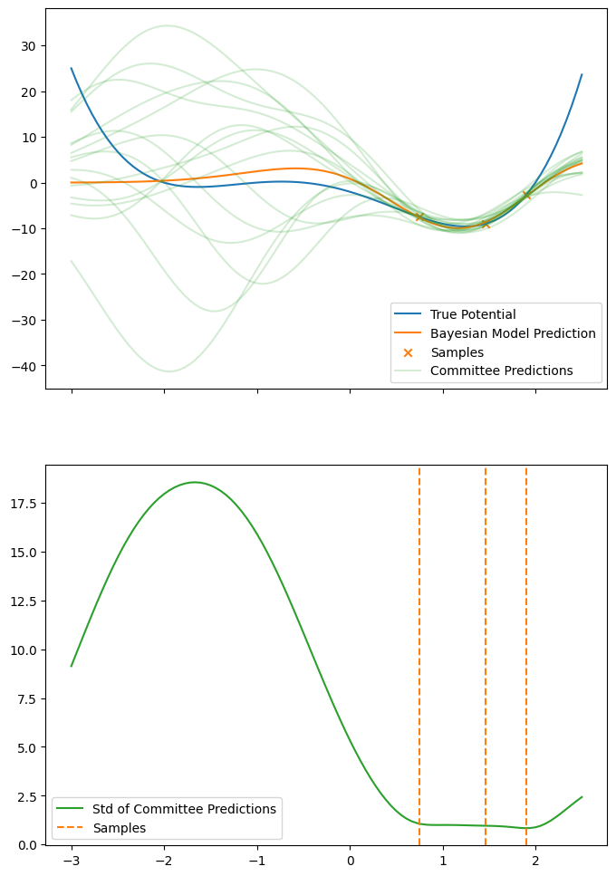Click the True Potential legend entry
point(472,314)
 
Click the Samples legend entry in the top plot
point(457,352)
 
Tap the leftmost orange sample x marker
point(419,217)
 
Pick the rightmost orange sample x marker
point(526,195)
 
